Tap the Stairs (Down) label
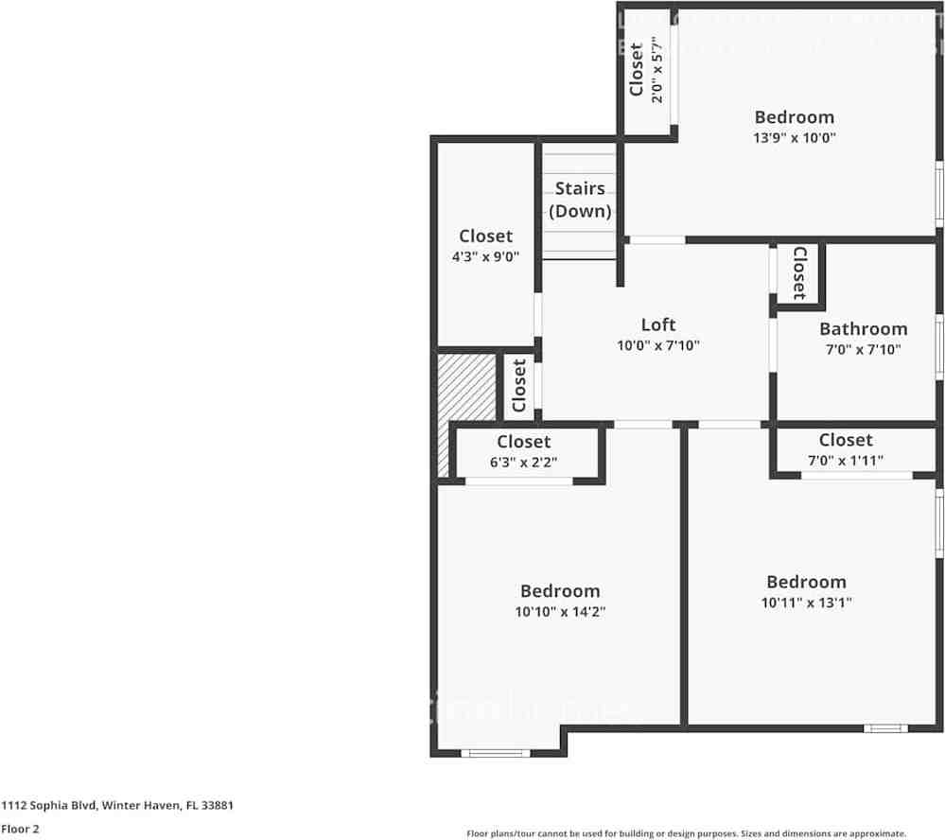580,200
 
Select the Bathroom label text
863,328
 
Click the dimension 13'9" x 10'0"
795,137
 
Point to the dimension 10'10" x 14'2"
560,612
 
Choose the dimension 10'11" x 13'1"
806,603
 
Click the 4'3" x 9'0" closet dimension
485,256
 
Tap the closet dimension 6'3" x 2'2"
523,463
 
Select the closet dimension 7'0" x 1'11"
846,461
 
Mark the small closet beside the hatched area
518,385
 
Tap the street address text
117,806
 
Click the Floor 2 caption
20,829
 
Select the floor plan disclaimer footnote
686,832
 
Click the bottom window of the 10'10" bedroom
495,753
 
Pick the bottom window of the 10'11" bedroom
884,728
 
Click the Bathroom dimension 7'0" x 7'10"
863,349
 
